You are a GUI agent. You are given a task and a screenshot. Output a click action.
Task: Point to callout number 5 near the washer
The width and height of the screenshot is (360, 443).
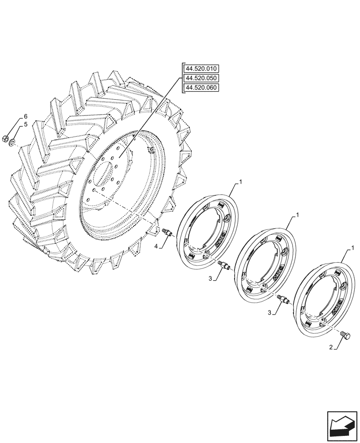click(x=26, y=125)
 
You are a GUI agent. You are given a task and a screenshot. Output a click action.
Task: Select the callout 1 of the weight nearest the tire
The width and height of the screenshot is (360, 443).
click(x=241, y=182)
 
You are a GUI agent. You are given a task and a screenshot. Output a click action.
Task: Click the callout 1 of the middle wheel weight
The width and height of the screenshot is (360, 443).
click(x=297, y=215)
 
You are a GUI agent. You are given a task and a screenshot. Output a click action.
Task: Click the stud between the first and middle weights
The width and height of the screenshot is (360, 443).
click(x=224, y=265)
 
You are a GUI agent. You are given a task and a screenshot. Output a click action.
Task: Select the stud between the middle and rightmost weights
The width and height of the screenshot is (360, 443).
click(x=282, y=300)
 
